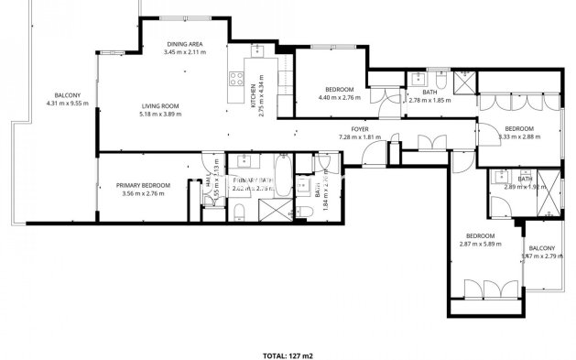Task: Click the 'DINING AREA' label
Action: pyautogui.click(x=184, y=45)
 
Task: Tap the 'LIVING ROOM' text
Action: pyautogui.click(x=158, y=105)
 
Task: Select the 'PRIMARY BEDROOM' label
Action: pyautogui.click(x=144, y=186)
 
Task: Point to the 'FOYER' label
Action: pyautogui.click(x=359, y=129)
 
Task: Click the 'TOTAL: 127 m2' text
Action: pyautogui.click(x=288, y=354)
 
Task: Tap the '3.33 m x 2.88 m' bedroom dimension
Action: pyautogui.click(x=518, y=137)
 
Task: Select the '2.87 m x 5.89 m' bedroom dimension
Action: pyautogui.click(x=481, y=245)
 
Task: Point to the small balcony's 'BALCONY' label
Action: pyautogui.click(x=541, y=248)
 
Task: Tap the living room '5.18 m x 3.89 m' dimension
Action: pyautogui.click(x=158, y=114)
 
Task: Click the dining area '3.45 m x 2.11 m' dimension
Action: pyautogui.click(x=184, y=53)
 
